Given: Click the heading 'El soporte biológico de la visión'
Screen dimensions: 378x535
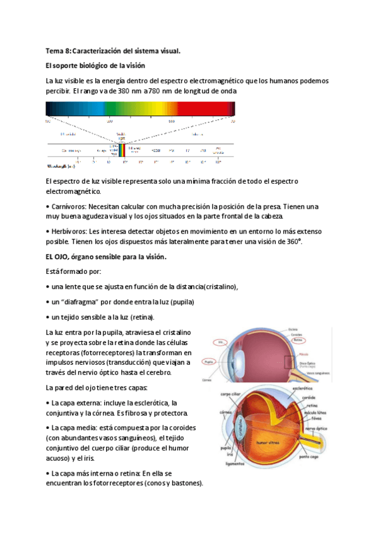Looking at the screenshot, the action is tap(95, 65).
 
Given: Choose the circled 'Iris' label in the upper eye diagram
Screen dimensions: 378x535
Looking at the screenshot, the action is tap(220, 343).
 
